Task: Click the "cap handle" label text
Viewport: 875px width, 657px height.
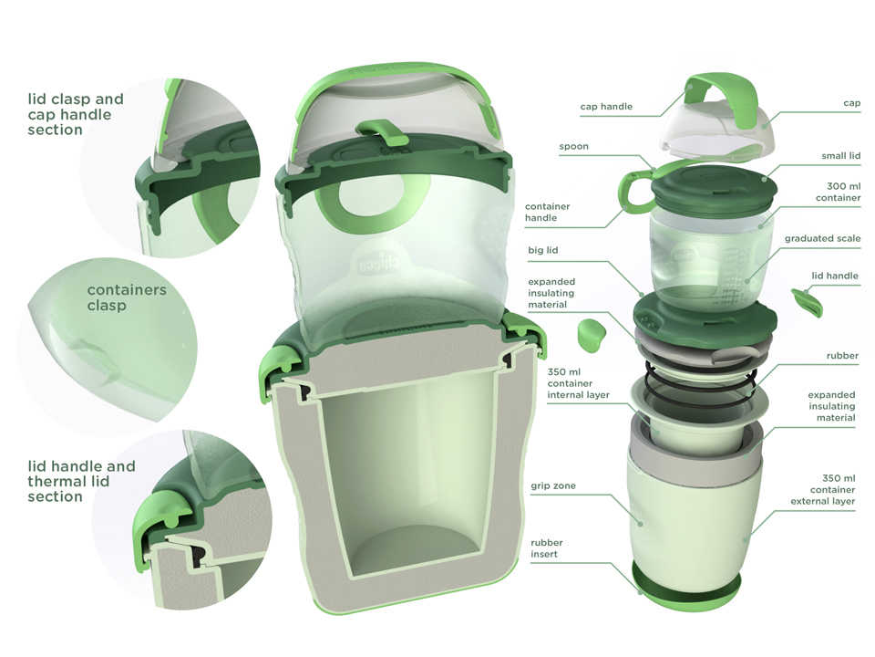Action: tap(606, 107)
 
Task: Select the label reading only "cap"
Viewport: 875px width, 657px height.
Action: tap(851, 103)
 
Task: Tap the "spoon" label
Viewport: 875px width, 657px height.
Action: tap(573, 146)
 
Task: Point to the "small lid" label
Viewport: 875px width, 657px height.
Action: tap(840, 156)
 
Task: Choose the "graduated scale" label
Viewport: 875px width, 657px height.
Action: tap(822, 239)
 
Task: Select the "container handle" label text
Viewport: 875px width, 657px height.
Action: tap(547, 213)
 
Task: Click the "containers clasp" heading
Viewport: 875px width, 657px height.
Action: tap(127, 297)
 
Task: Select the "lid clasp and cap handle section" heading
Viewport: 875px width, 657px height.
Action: tap(76, 114)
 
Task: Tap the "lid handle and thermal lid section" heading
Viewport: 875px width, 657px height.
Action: tap(81, 481)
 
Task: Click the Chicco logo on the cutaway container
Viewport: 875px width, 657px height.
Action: tap(366, 266)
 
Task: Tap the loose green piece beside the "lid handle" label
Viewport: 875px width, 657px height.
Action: tap(805, 299)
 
